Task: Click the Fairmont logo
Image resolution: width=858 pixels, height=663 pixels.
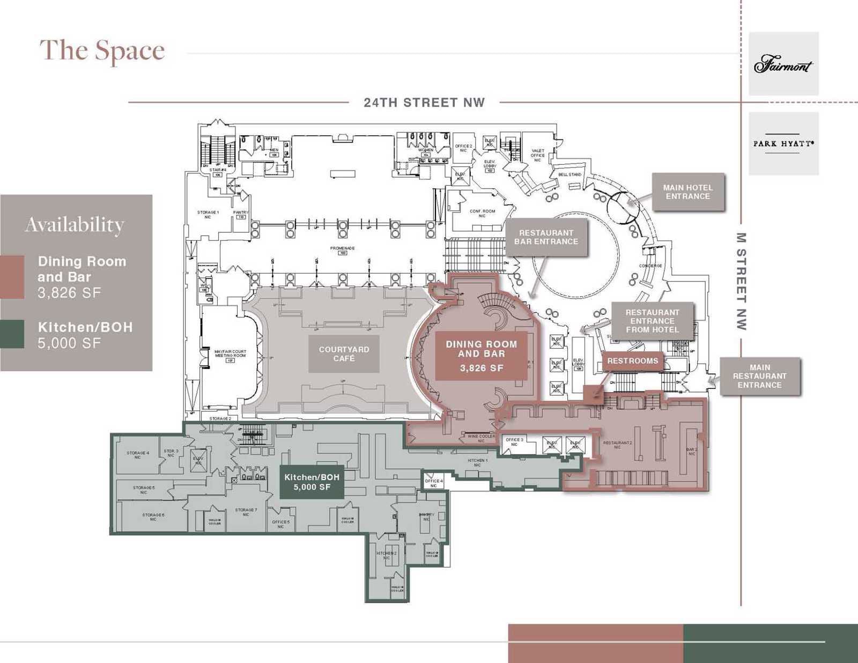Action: click(x=783, y=64)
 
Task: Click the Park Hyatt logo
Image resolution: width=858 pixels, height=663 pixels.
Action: click(x=783, y=143)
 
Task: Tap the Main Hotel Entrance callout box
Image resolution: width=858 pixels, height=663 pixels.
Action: click(x=688, y=192)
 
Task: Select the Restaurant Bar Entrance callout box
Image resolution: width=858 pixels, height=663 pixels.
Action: click(x=546, y=237)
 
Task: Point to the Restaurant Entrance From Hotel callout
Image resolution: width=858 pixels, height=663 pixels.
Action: click(x=652, y=321)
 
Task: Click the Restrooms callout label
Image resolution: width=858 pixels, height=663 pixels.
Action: click(x=632, y=361)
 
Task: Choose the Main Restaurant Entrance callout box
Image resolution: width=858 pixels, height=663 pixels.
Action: click(x=759, y=376)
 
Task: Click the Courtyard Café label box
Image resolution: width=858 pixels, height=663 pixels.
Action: click(x=344, y=354)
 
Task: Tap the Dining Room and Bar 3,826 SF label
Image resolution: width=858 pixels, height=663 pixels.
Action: click(x=481, y=356)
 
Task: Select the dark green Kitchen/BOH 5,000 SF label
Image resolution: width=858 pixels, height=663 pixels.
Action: click(x=312, y=482)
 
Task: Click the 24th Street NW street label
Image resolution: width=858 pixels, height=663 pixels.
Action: click(x=424, y=102)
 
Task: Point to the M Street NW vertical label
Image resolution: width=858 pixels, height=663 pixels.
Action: click(x=741, y=281)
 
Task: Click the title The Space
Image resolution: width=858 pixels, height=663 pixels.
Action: click(x=102, y=50)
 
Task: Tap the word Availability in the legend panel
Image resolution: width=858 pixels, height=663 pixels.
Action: click(x=75, y=224)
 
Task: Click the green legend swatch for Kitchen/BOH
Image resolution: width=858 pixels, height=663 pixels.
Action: click(x=12, y=334)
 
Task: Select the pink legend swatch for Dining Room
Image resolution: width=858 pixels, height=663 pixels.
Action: click(x=12, y=277)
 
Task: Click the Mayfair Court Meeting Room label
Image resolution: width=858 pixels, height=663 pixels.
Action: click(x=230, y=353)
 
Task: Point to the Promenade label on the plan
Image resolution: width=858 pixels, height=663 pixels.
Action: click(x=342, y=248)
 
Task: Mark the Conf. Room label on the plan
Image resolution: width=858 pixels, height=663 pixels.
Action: click(x=482, y=213)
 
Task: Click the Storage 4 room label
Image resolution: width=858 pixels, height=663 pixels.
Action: click(x=138, y=455)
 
